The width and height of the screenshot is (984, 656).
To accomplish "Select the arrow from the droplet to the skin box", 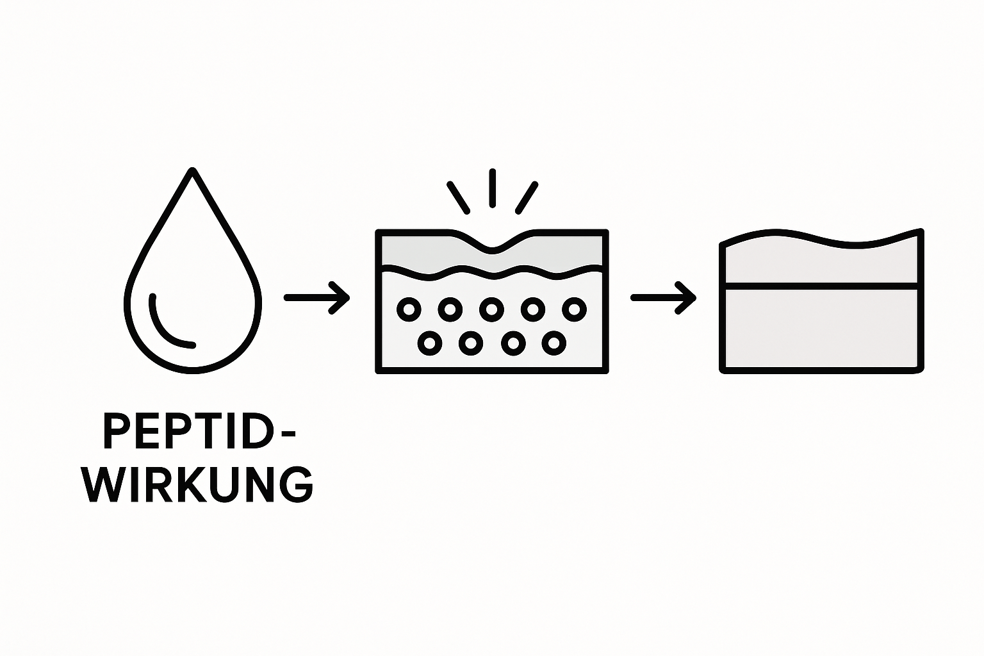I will coord(316,297).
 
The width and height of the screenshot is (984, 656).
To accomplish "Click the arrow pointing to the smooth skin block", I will coord(663,297).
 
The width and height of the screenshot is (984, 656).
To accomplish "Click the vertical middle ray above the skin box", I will coord(492,188).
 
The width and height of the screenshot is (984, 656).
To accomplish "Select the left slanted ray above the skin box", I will coord(459,197).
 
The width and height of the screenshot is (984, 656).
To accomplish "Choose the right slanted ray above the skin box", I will coord(527,197).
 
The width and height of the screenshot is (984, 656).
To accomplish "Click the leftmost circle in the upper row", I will coord(409,309).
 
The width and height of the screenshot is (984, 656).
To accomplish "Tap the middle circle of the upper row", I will coord(491,309).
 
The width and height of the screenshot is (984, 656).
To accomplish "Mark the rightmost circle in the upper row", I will coord(574,309).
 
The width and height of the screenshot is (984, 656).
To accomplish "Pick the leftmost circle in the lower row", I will coord(429,343).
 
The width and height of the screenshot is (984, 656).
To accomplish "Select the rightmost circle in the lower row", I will coord(553,343).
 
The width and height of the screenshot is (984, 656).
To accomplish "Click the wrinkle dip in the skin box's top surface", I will coord(492,246).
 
